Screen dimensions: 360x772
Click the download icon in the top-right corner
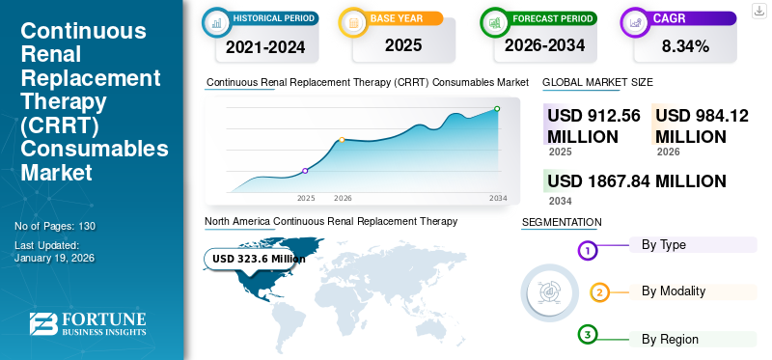coord(759,12)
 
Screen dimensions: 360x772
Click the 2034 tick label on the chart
coord(498,197)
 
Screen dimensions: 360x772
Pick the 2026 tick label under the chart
coord(343,197)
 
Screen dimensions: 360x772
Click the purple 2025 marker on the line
coord(306,171)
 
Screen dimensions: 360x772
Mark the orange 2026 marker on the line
coord(342,140)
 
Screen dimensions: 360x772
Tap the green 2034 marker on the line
coord(497,109)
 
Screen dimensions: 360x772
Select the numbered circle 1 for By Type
coord(588,251)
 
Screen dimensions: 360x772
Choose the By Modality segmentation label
coord(673,291)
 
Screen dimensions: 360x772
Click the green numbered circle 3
coord(588,335)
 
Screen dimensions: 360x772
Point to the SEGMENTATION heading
coord(562,222)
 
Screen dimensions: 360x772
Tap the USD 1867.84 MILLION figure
coord(636,180)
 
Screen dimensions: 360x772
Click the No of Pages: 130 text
coord(55,226)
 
